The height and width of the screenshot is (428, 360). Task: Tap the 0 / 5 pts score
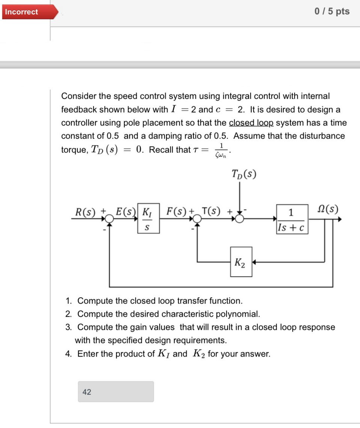click(x=332, y=12)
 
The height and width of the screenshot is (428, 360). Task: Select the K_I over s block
click(x=148, y=219)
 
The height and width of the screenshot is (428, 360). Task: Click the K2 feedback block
click(x=241, y=262)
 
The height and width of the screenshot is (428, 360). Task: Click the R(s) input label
click(x=85, y=211)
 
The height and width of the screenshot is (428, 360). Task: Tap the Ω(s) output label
click(x=328, y=209)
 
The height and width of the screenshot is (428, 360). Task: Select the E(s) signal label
click(x=126, y=211)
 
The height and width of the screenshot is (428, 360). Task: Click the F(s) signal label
click(x=177, y=211)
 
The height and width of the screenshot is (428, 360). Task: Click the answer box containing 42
click(x=116, y=392)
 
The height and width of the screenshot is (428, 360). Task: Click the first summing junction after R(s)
click(x=109, y=219)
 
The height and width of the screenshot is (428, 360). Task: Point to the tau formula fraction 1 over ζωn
click(x=222, y=150)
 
